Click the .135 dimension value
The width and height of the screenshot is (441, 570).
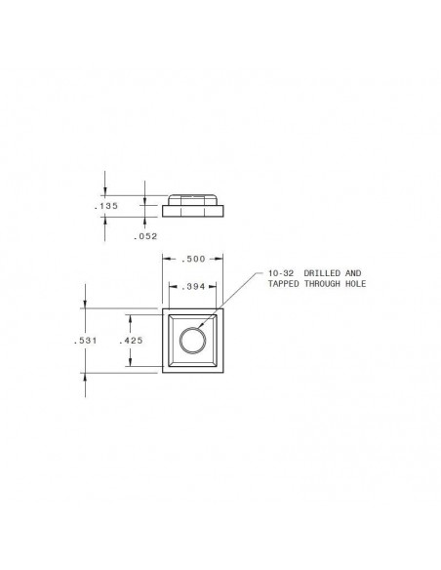click(x=106, y=206)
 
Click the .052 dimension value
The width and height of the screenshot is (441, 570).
click(x=145, y=236)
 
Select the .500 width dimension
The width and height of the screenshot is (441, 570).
click(x=193, y=259)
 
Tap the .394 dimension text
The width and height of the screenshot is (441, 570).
click(x=193, y=286)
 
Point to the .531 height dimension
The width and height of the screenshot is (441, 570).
click(x=85, y=341)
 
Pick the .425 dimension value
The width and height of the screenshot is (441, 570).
click(x=131, y=341)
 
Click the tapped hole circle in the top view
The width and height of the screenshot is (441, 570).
click(x=192, y=327)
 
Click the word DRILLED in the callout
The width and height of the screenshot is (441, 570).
click(x=322, y=273)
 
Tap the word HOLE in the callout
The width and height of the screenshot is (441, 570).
click(x=355, y=284)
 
